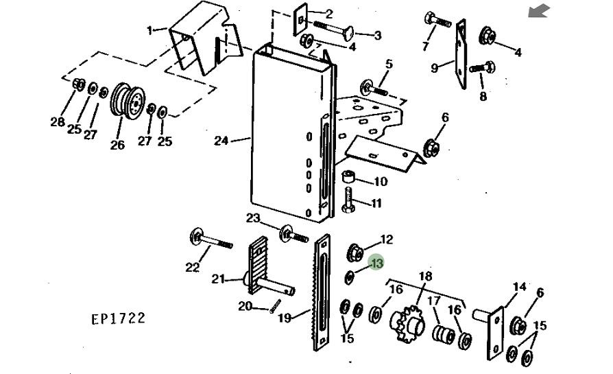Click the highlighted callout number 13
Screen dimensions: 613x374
coord(376,263)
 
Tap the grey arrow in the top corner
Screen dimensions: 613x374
coord(539,11)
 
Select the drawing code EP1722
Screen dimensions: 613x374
coord(118,318)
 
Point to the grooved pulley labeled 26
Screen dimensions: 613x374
coord(128,101)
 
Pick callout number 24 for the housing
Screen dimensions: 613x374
coord(221,141)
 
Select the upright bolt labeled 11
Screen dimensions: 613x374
coord(348,200)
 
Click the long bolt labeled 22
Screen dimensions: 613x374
coord(211,239)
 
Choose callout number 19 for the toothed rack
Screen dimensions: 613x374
coord(285,318)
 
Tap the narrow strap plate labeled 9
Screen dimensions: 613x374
coord(461,55)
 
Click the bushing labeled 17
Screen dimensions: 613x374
coord(444,334)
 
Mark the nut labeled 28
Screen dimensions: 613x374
coord(79,84)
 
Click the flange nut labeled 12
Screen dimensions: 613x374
coord(355,253)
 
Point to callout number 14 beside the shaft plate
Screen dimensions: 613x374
coord(520,288)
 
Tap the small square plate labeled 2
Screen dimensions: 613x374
coord(300,20)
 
